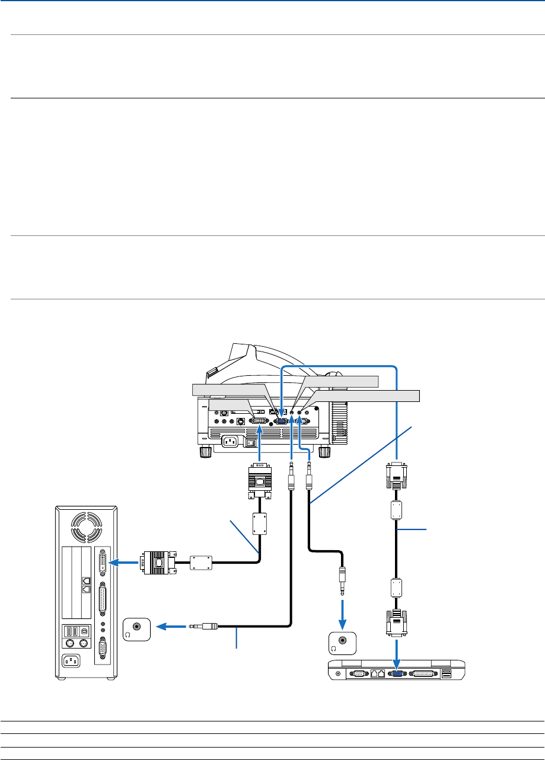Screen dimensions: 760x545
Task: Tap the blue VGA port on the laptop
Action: click(396, 673)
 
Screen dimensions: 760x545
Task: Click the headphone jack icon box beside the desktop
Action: click(136, 628)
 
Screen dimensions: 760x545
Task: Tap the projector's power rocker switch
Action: click(253, 442)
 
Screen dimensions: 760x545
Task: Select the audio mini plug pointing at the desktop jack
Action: click(203, 625)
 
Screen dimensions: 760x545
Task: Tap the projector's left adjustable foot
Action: click(205, 452)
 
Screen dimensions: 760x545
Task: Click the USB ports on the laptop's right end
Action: click(446, 673)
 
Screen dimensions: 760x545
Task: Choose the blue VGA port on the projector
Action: click(282, 420)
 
